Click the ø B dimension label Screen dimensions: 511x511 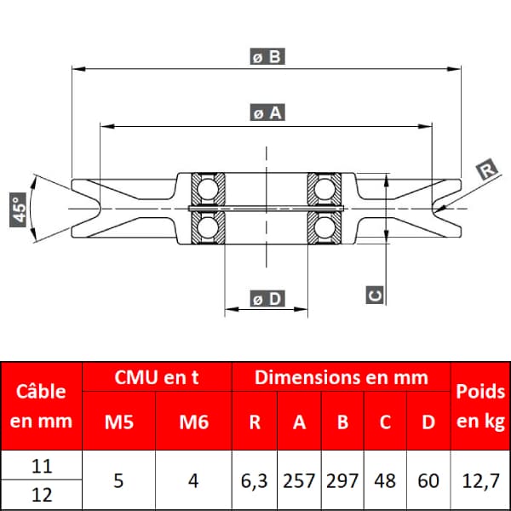click(267, 56)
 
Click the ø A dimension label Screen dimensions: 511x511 click(267, 112)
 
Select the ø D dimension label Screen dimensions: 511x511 click(267, 298)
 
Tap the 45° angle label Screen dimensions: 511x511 click(18, 210)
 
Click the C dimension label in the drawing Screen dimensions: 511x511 click(375, 295)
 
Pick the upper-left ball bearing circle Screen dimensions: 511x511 click(208, 189)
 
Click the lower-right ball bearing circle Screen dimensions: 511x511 click(324, 227)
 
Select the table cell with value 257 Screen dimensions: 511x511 click(299, 480)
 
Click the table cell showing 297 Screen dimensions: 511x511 click(342, 480)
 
